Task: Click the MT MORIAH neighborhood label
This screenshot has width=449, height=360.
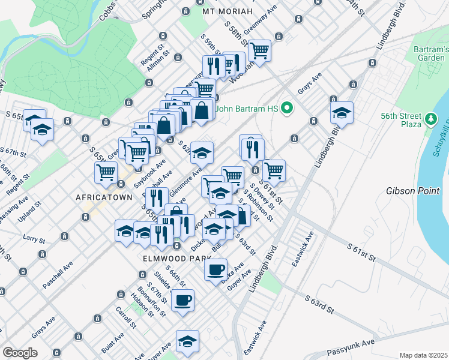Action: click(225, 11)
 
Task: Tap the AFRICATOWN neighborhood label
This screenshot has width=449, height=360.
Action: click(100, 197)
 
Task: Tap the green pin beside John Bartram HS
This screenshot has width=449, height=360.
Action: click(287, 109)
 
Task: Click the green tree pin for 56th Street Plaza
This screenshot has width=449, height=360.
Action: click(430, 119)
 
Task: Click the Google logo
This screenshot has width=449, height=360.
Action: click(19, 353)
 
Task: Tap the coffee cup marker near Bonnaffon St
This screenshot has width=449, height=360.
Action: click(183, 299)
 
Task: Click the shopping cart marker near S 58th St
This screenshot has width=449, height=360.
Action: click(259, 50)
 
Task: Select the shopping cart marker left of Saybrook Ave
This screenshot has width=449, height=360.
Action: click(106, 172)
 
